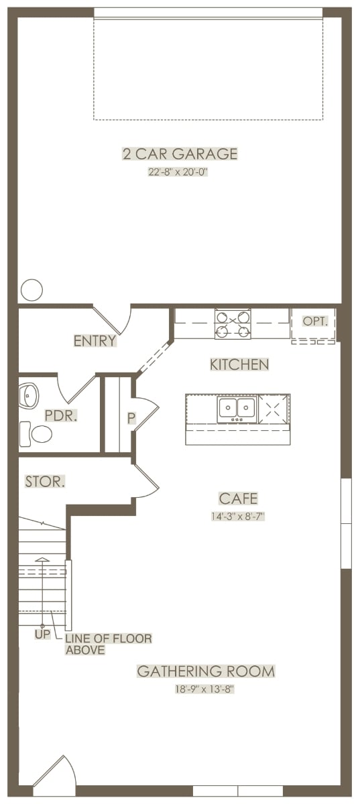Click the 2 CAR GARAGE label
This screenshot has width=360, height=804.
180,153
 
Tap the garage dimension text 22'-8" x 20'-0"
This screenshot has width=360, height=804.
178,172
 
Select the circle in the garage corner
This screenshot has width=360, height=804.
32,289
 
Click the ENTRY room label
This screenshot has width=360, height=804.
95,340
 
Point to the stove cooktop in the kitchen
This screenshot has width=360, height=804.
233,324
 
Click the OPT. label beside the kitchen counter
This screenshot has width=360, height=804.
315,321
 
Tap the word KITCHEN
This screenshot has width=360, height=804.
239,364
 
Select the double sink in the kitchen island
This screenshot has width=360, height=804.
237,409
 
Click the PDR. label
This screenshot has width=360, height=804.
61,415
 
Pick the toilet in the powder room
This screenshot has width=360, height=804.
36,434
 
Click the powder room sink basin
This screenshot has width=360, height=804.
27,395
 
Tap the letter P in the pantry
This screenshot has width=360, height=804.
131,418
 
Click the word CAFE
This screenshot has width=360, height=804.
238,498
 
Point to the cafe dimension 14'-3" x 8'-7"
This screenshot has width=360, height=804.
238,517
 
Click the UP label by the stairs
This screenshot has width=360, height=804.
42,645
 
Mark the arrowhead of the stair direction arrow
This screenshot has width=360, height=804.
42,559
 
